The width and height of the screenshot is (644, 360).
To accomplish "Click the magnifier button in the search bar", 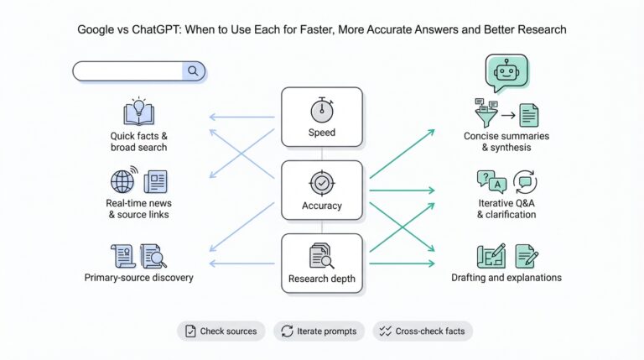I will tap(194, 71).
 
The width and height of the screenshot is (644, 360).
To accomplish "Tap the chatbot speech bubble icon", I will tap(506, 73).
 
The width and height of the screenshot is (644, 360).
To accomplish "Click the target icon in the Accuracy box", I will tap(321, 182).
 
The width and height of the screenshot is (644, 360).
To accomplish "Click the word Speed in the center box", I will tap(321, 133).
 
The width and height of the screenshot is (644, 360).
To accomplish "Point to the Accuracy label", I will tap(321, 206).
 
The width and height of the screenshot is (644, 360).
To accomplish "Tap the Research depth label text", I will tap(322, 279).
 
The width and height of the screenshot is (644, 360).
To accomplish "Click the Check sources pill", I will tap(221, 331).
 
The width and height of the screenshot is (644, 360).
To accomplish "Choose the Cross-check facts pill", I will tap(423, 331).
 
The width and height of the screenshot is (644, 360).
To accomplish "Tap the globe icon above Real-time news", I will tap(123, 181).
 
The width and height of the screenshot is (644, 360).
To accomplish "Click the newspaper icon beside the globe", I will tap(155, 182).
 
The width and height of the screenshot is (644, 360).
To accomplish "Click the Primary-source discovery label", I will tap(138, 277).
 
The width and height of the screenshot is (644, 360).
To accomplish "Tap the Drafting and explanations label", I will tap(506, 277).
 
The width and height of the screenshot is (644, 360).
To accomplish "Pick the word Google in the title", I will tap(97, 29).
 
